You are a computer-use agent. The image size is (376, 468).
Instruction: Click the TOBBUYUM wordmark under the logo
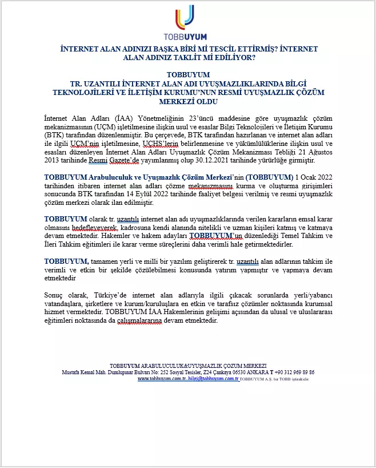[188, 34]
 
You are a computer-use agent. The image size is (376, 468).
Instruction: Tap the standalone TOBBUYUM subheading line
[188, 75]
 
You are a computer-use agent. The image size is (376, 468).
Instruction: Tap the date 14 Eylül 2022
[154, 195]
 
